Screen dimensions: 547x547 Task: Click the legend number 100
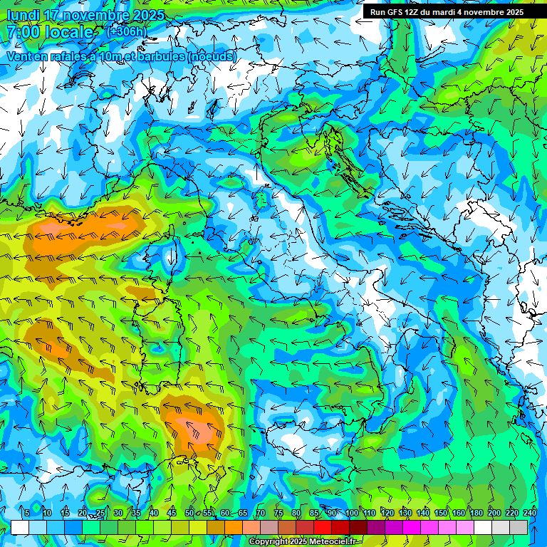pyautogui.click(x=351, y=514)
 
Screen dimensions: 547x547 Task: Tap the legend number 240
pyautogui.click(x=529, y=514)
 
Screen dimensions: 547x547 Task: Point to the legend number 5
pyautogui.click(x=27, y=514)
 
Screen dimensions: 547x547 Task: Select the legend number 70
pyautogui.click(x=261, y=514)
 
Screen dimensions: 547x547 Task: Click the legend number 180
pyautogui.click(x=476, y=514)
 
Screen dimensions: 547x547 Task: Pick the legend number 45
pyautogui.click(x=172, y=514)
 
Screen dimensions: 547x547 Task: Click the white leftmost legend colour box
pyautogui.click(x=20, y=527)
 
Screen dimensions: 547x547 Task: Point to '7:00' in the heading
pyautogui.click(x=24, y=32)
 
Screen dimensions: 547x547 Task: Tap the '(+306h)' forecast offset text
pyautogui.click(x=126, y=32)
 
